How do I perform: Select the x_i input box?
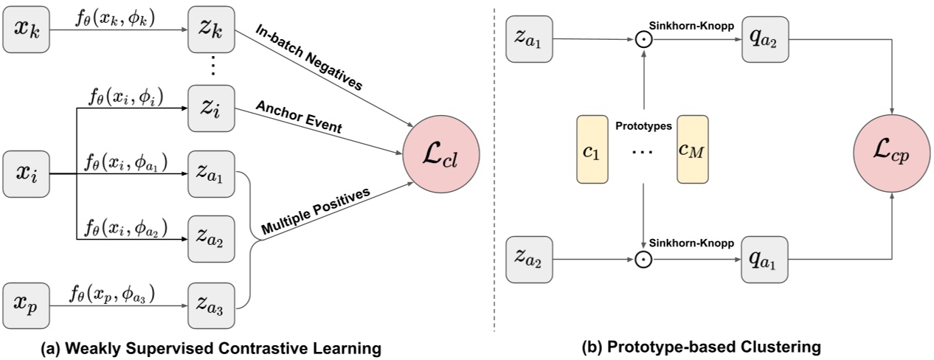[x=27, y=173]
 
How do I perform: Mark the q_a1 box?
[x=764, y=259]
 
